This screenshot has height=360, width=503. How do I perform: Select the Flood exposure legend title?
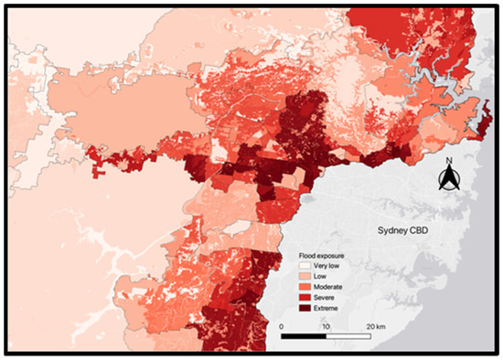320,254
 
